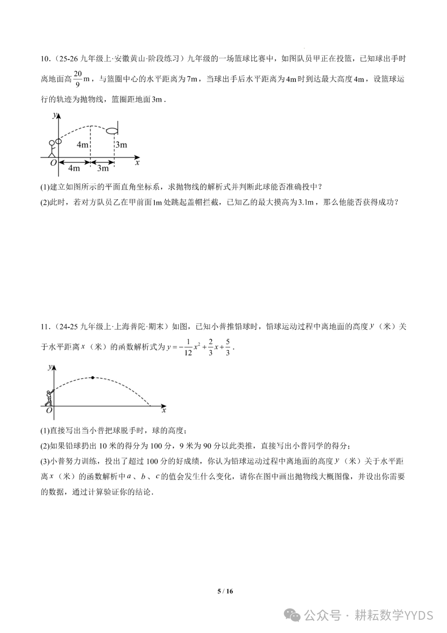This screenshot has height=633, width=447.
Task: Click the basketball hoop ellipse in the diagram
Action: coord(112,131)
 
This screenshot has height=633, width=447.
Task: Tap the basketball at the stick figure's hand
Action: coord(58,141)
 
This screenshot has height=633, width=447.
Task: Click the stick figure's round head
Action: coord(52,143)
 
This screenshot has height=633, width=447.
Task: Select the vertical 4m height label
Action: coord(83,145)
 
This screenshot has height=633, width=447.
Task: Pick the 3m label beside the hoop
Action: coord(121,145)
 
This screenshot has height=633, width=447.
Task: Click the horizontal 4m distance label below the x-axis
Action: coord(74,168)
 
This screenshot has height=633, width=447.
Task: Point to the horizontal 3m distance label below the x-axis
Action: coord(103,168)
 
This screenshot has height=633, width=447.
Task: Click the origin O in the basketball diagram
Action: coord(53,163)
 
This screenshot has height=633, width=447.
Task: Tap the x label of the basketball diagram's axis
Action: coord(137,162)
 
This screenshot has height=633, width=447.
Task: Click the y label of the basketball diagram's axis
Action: coord(54,115)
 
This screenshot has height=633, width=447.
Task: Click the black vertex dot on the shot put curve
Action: coord(93,378)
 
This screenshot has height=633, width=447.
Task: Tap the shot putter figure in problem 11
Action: coord(49,398)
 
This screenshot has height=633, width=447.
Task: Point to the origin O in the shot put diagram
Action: coord(49,410)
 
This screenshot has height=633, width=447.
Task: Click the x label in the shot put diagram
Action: coord(164,410)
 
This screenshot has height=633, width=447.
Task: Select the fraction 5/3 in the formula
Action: coord(228,347)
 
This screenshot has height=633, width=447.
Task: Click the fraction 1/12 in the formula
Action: coord(188,347)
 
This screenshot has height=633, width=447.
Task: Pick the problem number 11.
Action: coord(45,327)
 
